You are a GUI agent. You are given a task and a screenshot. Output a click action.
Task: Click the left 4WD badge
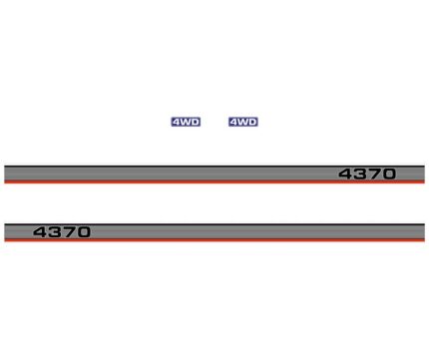click(x=186, y=122)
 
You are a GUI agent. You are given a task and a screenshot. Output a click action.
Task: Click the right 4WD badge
click(x=243, y=122)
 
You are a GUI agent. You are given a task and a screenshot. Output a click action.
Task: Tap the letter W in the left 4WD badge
click(x=186, y=122)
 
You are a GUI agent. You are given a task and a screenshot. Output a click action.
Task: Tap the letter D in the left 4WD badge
click(x=195, y=122)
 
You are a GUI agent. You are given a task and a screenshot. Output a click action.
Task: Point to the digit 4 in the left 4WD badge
click(x=177, y=122)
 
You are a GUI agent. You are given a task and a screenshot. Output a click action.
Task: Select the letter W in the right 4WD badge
click(x=243, y=122)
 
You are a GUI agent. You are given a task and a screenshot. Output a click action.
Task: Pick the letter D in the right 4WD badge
click(x=252, y=122)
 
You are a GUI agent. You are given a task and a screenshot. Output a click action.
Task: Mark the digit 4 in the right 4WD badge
click(x=234, y=122)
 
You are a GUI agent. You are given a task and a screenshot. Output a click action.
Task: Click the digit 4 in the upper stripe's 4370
click(x=346, y=175)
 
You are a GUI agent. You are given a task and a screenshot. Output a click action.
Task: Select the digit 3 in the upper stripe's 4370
click(x=360, y=175)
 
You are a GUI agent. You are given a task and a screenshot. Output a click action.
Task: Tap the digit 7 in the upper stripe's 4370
click(x=374, y=175)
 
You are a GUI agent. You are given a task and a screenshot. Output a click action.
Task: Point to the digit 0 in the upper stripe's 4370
click(x=388, y=175)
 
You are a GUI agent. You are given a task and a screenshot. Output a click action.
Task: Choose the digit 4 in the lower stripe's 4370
click(x=40, y=232)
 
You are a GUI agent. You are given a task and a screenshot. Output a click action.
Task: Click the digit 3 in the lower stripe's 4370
click(x=54, y=232)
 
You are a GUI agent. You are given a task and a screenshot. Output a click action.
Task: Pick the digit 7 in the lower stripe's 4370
click(x=68, y=232)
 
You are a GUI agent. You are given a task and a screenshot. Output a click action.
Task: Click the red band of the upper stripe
click(x=200, y=182)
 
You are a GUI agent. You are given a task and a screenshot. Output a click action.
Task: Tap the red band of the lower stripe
click(x=200, y=240)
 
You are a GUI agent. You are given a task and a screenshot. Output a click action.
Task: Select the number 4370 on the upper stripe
click(x=367, y=175)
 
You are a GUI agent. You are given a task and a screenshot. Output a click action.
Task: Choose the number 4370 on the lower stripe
click(x=61, y=232)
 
